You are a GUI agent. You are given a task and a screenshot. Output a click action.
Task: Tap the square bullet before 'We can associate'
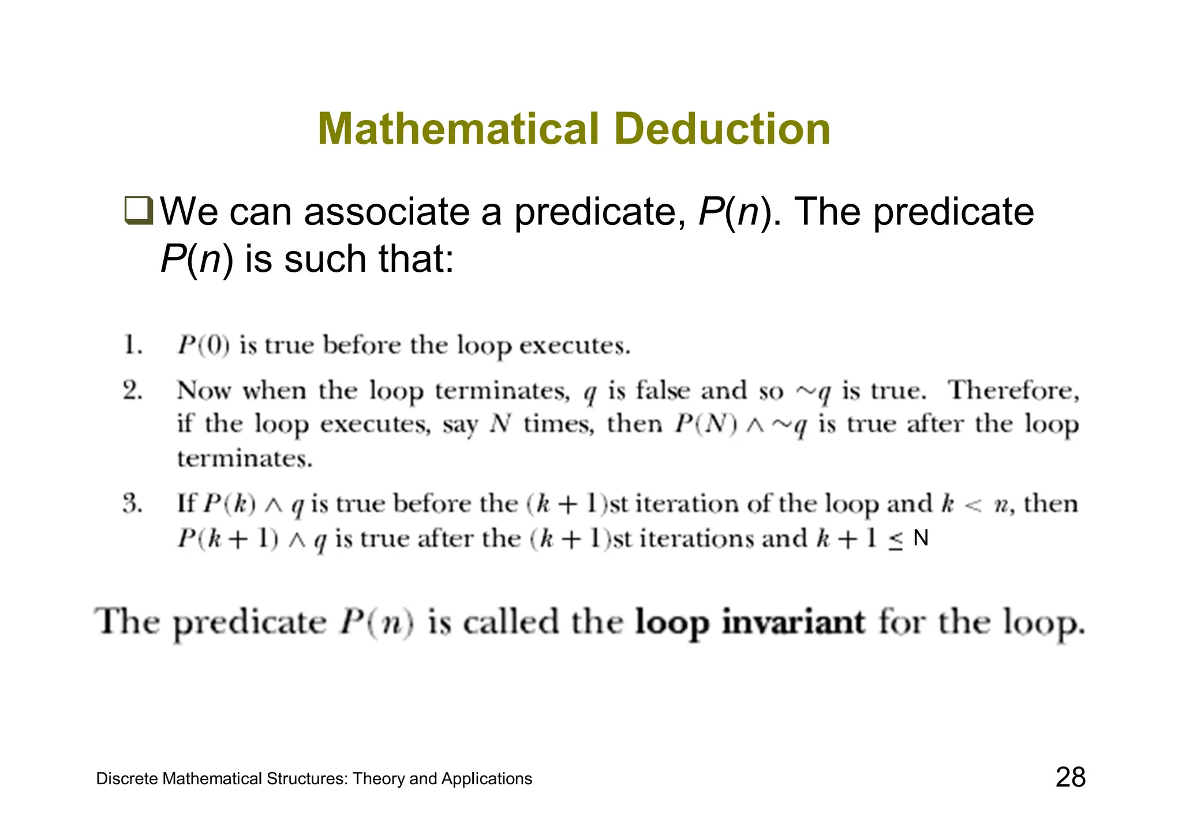tap(139, 211)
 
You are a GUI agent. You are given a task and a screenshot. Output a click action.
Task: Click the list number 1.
tap(132, 346)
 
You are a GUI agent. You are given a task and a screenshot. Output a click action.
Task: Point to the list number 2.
tap(132, 391)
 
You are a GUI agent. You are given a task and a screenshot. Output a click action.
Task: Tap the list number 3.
tap(132, 504)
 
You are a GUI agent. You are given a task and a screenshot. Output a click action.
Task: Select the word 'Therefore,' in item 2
tap(1013, 391)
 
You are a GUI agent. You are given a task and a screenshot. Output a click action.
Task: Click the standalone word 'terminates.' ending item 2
tap(245, 459)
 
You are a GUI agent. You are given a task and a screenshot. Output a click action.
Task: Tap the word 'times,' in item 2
tap(558, 425)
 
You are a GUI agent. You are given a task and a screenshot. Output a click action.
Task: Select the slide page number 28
tap(1071, 777)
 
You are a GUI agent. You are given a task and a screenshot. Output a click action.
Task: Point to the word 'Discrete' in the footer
tap(127, 779)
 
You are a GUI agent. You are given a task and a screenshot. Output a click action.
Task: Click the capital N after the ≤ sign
tap(921, 538)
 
